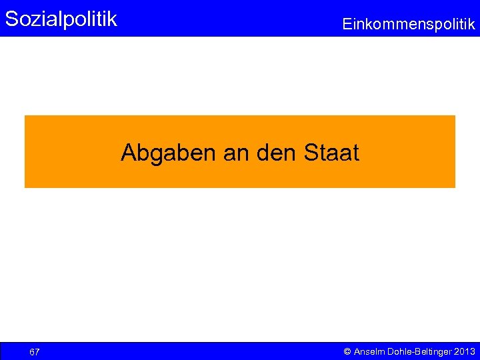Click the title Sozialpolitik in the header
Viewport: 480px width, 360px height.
point(61,19)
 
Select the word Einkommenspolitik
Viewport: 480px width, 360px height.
point(409,25)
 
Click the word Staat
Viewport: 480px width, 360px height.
point(331,153)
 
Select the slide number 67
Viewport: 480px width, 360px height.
point(35,351)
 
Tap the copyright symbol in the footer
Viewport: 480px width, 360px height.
point(347,351)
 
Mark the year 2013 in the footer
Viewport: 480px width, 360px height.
point(465,351)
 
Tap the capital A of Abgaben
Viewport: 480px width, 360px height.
point(129,153)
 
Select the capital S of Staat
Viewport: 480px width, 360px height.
point(311,153)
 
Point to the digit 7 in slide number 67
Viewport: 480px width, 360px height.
point(37,351)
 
